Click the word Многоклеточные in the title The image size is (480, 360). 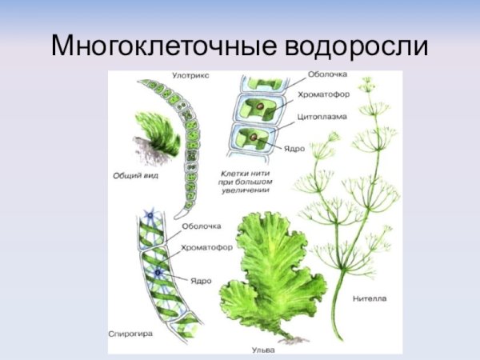(163, 46)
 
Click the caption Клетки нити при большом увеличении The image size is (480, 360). (246, 182)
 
